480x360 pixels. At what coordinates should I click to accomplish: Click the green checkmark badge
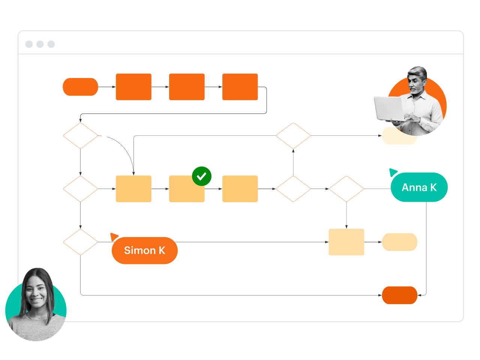click(x=202, y=176)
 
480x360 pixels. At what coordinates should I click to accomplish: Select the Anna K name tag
click(x=419, y=187)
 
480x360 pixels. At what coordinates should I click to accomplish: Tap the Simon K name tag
click(x=144, y=250)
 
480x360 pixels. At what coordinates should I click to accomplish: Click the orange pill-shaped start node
click(x=80, y=87)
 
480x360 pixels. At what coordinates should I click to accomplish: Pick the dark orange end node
click(x=399, y=295)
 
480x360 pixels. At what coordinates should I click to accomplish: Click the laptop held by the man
click(x=388, y=109)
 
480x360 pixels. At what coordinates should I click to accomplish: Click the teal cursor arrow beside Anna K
click(x=393, y=172)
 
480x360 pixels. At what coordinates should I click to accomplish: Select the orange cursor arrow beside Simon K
click(x=114, y=237)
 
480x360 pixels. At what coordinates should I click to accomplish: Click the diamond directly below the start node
click(x=80, y=136)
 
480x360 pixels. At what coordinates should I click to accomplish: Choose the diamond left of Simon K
click(x=80, y=242)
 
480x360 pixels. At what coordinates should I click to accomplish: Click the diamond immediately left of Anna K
click(x=346, y=189)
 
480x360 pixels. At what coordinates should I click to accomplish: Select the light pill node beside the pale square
click(x=399, y=242)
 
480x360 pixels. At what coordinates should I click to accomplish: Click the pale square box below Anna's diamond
click(x=346, y=242)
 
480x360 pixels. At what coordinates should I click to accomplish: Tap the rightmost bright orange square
click(x=240, y=87)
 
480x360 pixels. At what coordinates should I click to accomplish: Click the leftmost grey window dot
click(x=29, y=44)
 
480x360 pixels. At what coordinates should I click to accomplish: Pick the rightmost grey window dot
click(x=51, y=44)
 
